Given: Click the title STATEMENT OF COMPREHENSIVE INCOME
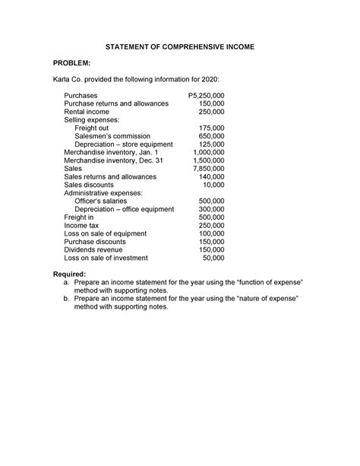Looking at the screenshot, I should tap(180, 47).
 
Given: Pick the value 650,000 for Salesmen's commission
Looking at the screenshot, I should tap(210, 137).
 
